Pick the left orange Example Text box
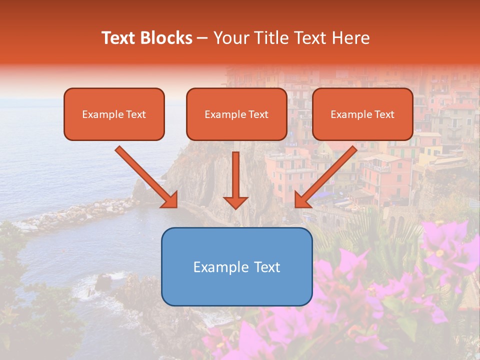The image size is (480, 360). (114, 114)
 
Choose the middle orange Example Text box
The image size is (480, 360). (236, 114)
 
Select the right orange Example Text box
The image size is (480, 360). (362, 114)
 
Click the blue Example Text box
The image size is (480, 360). (236, 266)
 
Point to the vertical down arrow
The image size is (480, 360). (236, 177)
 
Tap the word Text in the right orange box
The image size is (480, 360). (384, 114)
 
